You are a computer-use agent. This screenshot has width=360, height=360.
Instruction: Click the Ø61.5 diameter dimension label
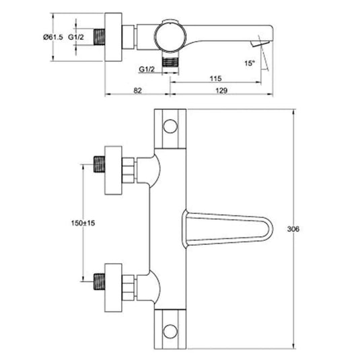(x=54, y=38)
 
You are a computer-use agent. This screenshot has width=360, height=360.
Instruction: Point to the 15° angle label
(x=250, y=63)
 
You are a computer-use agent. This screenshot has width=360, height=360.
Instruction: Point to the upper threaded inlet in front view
(x=101, y=164)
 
